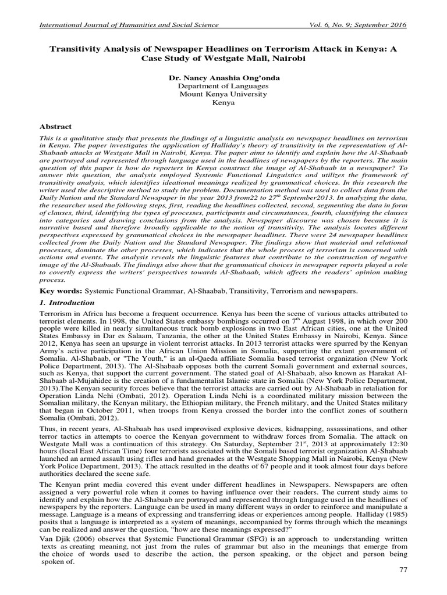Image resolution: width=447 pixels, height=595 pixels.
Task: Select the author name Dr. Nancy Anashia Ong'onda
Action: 223,77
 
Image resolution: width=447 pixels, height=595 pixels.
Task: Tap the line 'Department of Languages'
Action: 223,85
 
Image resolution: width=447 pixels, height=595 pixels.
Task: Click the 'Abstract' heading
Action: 55,127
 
